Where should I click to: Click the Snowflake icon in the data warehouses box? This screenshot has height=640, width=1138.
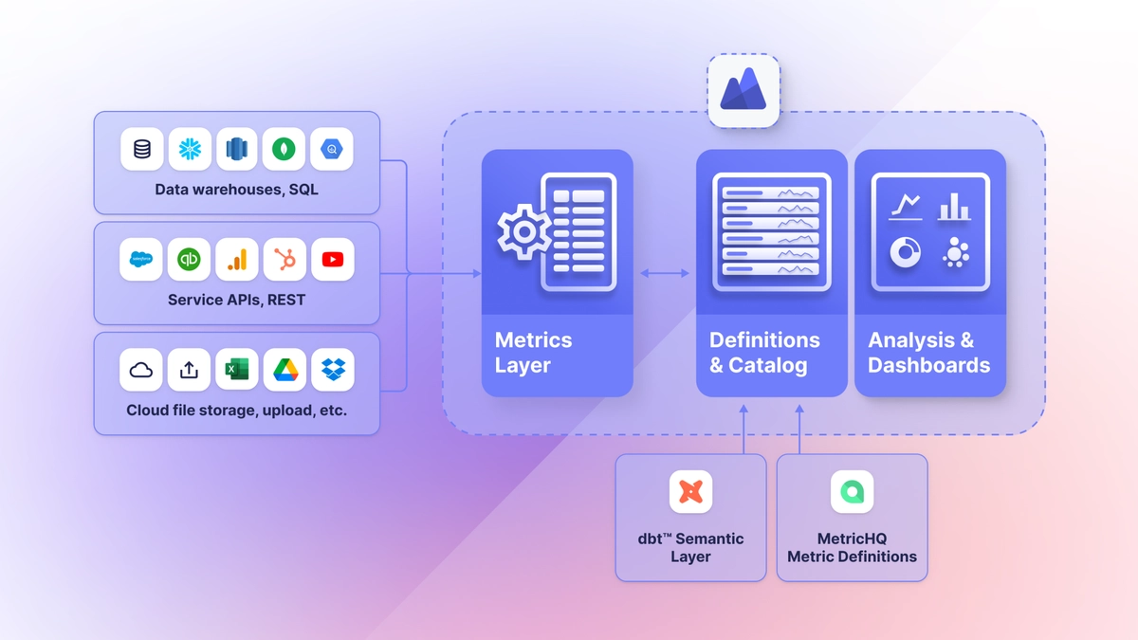190,149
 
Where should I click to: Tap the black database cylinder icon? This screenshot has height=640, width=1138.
141,149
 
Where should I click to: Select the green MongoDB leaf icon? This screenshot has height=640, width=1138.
284,149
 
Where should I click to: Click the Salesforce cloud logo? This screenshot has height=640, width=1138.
141,259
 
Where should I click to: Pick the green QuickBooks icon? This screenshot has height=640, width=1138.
189,259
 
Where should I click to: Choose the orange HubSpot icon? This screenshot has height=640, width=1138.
284,259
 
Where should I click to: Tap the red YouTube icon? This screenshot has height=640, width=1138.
332,259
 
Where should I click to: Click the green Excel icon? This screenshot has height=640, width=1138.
236,370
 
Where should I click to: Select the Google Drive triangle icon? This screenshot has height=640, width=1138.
284,370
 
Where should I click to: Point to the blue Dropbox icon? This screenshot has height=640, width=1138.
332,370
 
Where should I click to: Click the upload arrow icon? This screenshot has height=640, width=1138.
189,370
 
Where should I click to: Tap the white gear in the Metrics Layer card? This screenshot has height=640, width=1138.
523,232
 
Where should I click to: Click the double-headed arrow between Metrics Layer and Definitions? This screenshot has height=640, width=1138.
665,273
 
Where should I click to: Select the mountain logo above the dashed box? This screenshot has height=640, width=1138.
743,91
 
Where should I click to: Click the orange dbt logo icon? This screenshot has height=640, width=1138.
690,492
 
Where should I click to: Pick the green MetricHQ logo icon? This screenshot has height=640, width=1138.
852,492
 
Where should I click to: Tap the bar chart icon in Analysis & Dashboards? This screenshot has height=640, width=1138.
953,206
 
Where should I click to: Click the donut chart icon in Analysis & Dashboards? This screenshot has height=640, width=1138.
905,251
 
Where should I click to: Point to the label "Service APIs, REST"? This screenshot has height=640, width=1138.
236,300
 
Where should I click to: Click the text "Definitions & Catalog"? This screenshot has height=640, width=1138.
764,353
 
